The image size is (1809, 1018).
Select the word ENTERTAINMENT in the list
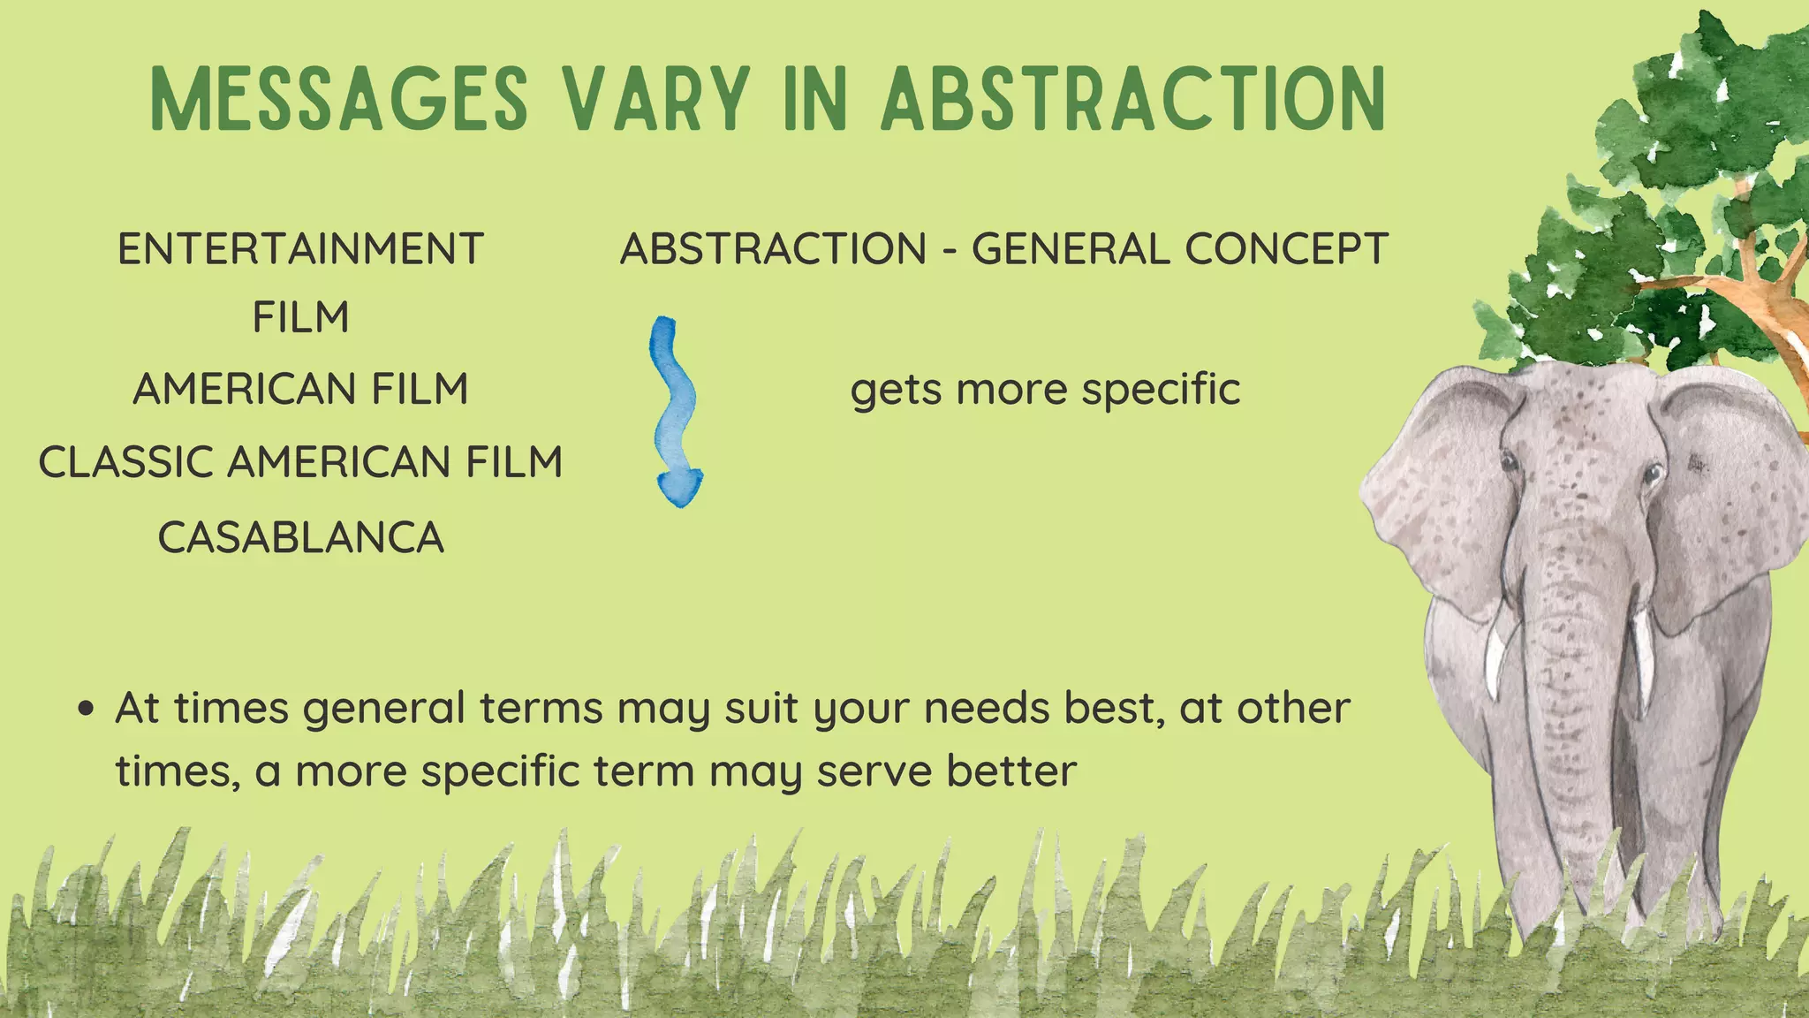(300, 249)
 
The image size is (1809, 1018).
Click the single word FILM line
(300, 317)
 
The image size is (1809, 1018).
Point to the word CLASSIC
(125, 462)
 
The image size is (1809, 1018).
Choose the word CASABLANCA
(300, 537)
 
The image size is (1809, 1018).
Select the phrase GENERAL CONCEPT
(1180, 249)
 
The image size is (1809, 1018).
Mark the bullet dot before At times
(86, 710)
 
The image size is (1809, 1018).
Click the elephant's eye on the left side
(1509, 461)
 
